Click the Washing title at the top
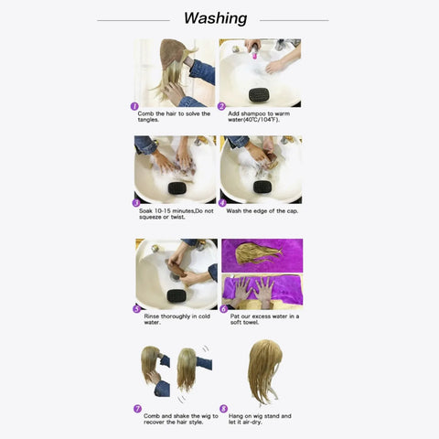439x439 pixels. click(215, 18)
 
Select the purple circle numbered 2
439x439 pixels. click(221, 106)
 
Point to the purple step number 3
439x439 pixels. click(136, 203)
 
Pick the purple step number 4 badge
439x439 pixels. click(221, 203)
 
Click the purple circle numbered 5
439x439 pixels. click(136, 309)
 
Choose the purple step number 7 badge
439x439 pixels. click(137, 409)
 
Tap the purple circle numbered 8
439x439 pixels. click(222, 409)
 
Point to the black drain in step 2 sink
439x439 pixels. click(260, 92)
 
